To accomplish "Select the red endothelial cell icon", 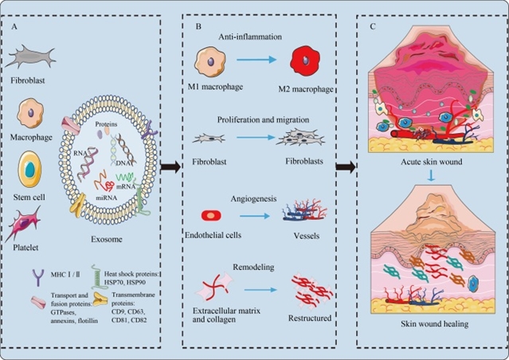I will click(x=213, y=217).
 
